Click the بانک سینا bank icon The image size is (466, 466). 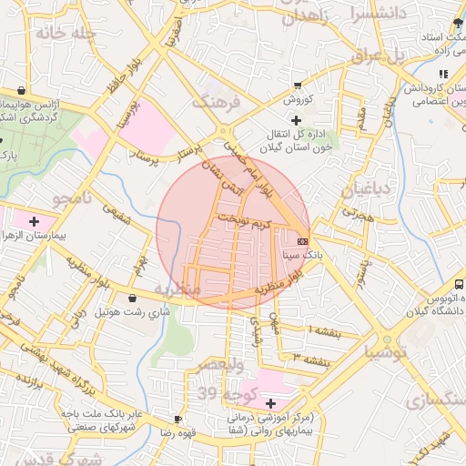click(x=302, y=241)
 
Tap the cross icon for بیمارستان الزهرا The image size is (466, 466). click(x=35, y=221)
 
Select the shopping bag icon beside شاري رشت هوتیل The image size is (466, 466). click(x=133, y=298)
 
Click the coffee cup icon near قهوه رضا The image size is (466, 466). click(x=177, y=420)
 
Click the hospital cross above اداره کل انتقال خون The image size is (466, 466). click(x=296, y=120)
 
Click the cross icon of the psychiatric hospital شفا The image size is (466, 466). click(x=270, y=403)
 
